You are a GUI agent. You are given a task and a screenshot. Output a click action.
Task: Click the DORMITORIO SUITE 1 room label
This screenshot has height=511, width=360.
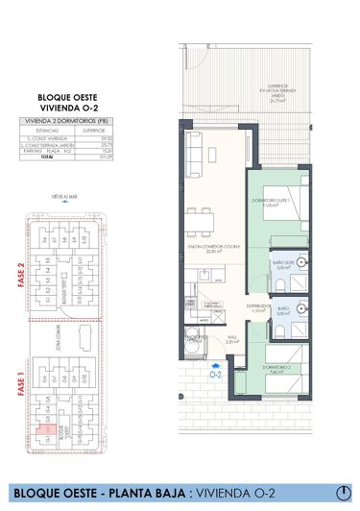[278, 203]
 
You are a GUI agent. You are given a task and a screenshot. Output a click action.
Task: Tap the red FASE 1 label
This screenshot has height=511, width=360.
[19, 388]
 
